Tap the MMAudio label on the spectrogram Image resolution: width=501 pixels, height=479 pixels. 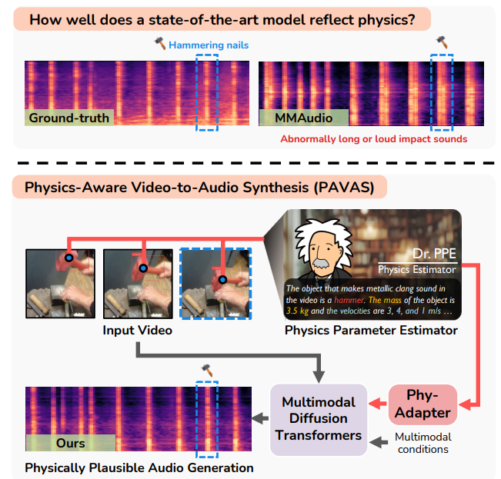tap(304, 118)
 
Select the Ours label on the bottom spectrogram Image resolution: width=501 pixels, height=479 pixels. tap(71, 443)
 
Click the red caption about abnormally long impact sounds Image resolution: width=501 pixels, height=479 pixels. tap(373, 139)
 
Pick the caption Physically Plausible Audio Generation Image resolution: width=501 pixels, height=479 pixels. tap(139, 467)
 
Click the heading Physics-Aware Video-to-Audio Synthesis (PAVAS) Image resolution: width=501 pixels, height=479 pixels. tap(199, 187)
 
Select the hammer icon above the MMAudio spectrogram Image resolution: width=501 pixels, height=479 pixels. tap(442, 41)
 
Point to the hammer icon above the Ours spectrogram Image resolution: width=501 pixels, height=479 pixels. tap(205, 370)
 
